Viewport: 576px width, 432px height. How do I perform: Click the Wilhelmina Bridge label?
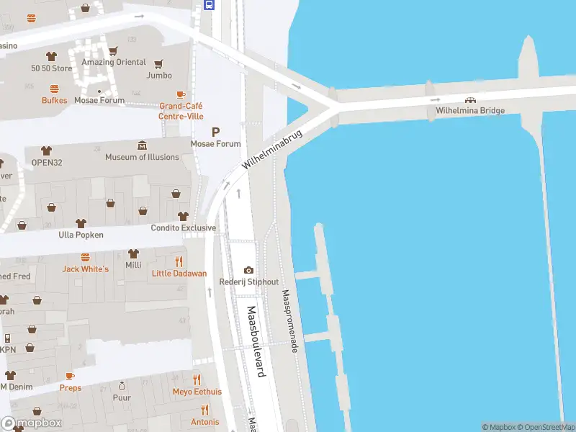pos(469,111)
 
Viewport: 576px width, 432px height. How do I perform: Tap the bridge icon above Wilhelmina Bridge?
pos(470,100)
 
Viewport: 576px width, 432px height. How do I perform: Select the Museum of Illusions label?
pos(142,157)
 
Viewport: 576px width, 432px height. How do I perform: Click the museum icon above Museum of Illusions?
pos(142,146)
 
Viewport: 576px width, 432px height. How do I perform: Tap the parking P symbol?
pos(215,132)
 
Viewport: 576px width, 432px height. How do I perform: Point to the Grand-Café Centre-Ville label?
pos(181,111)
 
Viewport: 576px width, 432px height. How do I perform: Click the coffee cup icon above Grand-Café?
pos(181,94)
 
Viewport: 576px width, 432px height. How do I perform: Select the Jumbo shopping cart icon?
pos(159,63)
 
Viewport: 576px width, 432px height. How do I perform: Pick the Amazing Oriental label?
pos(113,62)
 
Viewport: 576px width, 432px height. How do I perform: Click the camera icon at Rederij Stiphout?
pos(248,270)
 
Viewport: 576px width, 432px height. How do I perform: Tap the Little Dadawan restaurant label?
pos(179,274)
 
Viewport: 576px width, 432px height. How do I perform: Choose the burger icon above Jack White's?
pos(85,257)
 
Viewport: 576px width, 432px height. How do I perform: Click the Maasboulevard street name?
pos(256,341)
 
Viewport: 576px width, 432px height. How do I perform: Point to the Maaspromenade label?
pos(289,321)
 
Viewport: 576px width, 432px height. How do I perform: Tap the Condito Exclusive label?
pos(183,228)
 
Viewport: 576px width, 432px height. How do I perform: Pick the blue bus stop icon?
pos(210,4)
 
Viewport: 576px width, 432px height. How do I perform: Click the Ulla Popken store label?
pos(81,235)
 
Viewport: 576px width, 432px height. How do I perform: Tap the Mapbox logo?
pos(32,423)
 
